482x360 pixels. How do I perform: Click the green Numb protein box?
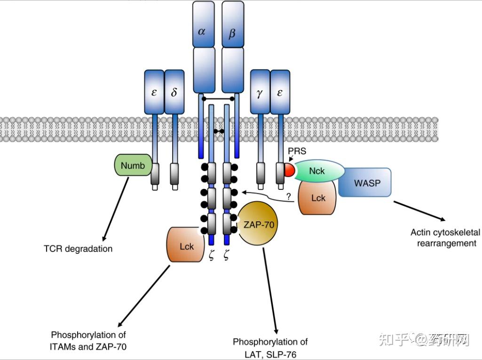(133, 165)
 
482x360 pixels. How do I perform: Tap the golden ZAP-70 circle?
(258, 224)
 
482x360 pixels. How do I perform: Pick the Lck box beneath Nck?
(317, 197)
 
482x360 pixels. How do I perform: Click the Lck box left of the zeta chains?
(185, 245)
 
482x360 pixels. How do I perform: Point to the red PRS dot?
(289, 170)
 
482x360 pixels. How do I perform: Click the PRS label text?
(297, 151)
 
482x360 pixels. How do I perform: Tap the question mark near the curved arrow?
(289, 196)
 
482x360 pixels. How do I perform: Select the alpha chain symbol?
(202, 31)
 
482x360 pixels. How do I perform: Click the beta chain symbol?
(232, 32)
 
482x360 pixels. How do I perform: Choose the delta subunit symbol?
(174, 92)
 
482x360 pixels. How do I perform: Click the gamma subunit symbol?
(260, 94)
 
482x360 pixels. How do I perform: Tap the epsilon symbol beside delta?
(154, 93)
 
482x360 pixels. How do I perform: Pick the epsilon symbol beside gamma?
(280, 93)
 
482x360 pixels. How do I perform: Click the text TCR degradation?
(78, 249)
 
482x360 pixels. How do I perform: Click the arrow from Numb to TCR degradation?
(116, 209)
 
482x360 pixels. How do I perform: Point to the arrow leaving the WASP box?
(419, 211)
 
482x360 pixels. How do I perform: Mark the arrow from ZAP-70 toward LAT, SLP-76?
(270, 290)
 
